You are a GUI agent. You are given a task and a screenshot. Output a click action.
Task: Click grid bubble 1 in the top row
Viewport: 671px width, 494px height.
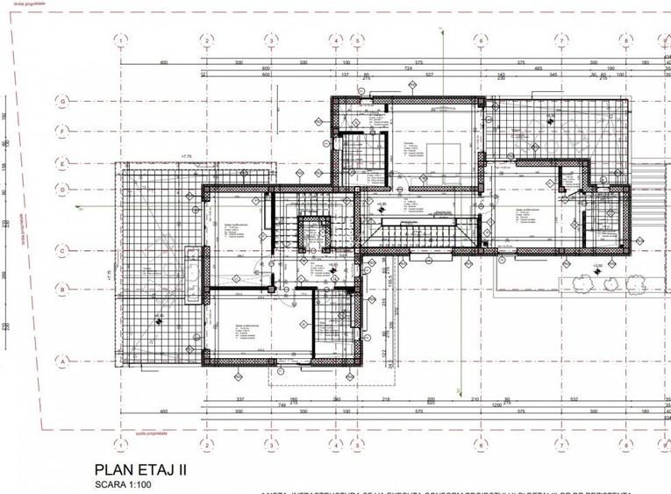[x=120, y=40]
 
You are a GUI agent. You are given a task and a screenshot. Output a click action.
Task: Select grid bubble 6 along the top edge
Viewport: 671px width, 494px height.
[x=481, y=40]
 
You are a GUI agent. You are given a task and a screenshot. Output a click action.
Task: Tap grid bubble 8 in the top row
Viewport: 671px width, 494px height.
[x=625, y=40]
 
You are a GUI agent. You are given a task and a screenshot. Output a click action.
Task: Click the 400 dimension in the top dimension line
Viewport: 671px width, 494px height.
[x=163, y=63]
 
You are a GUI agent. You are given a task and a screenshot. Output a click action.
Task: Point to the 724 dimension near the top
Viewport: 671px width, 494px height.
[x=407, y=68]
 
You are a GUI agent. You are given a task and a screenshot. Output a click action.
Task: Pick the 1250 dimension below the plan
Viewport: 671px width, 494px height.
[x=496, y=405]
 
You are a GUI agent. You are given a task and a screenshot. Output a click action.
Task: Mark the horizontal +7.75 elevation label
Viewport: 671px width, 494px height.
[x=186, y=157]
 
